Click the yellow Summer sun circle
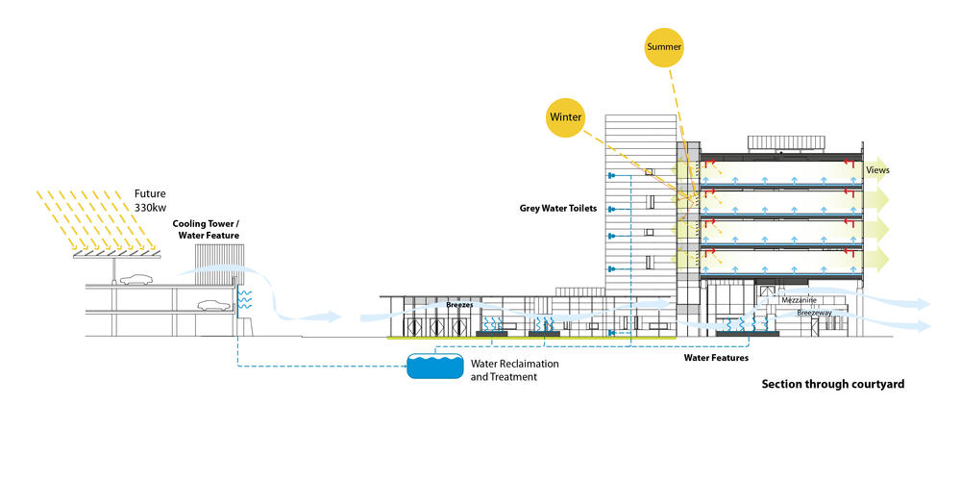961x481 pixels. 664,47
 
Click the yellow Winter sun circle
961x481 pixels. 566,116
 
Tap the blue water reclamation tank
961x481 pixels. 433,367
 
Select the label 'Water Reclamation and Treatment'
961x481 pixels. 514,370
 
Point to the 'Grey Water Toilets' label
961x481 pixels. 557,208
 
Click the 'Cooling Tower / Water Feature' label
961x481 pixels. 206,228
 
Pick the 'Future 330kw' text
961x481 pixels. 150,199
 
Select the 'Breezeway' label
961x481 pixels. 804,313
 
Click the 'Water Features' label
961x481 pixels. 716,358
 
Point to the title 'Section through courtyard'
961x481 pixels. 832,384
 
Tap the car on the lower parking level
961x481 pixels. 213,306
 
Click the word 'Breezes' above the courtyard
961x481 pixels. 460,305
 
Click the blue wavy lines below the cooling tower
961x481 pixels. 244,298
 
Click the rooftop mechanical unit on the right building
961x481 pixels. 786,143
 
